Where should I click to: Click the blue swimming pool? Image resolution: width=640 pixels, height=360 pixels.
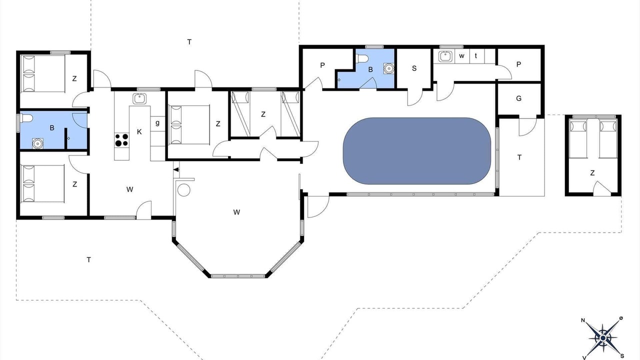point(417,151)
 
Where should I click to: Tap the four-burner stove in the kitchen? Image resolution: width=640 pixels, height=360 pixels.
point(121,140)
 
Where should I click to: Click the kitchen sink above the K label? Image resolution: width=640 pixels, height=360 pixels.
point(139,98)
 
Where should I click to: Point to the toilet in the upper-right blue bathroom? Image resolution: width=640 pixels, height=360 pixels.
point(362,59)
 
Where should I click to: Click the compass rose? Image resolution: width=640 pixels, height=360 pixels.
point(603,338)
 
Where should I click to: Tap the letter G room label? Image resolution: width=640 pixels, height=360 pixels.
point(519,98)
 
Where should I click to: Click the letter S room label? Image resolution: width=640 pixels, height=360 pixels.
point(414,68)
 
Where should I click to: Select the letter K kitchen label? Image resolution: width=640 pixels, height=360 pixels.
point(139,131)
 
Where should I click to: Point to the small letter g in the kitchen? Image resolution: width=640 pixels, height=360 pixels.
point(157,123)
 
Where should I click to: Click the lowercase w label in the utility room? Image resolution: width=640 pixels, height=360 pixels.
point(461,56)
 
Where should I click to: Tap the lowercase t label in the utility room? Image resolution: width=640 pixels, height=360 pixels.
point(476,56)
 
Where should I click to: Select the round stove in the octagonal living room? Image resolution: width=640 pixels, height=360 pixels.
point(183,190)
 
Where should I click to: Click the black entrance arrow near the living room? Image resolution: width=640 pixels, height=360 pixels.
point(176,169)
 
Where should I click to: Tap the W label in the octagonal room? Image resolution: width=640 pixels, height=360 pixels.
point(236,212)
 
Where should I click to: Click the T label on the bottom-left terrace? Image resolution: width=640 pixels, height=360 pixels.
point(89,259)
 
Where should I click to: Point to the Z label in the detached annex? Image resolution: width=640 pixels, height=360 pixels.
point(592,173)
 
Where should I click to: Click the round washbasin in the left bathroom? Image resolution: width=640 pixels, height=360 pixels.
point(37,143)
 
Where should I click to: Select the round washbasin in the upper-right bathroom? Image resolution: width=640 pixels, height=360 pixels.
point(388,68)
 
